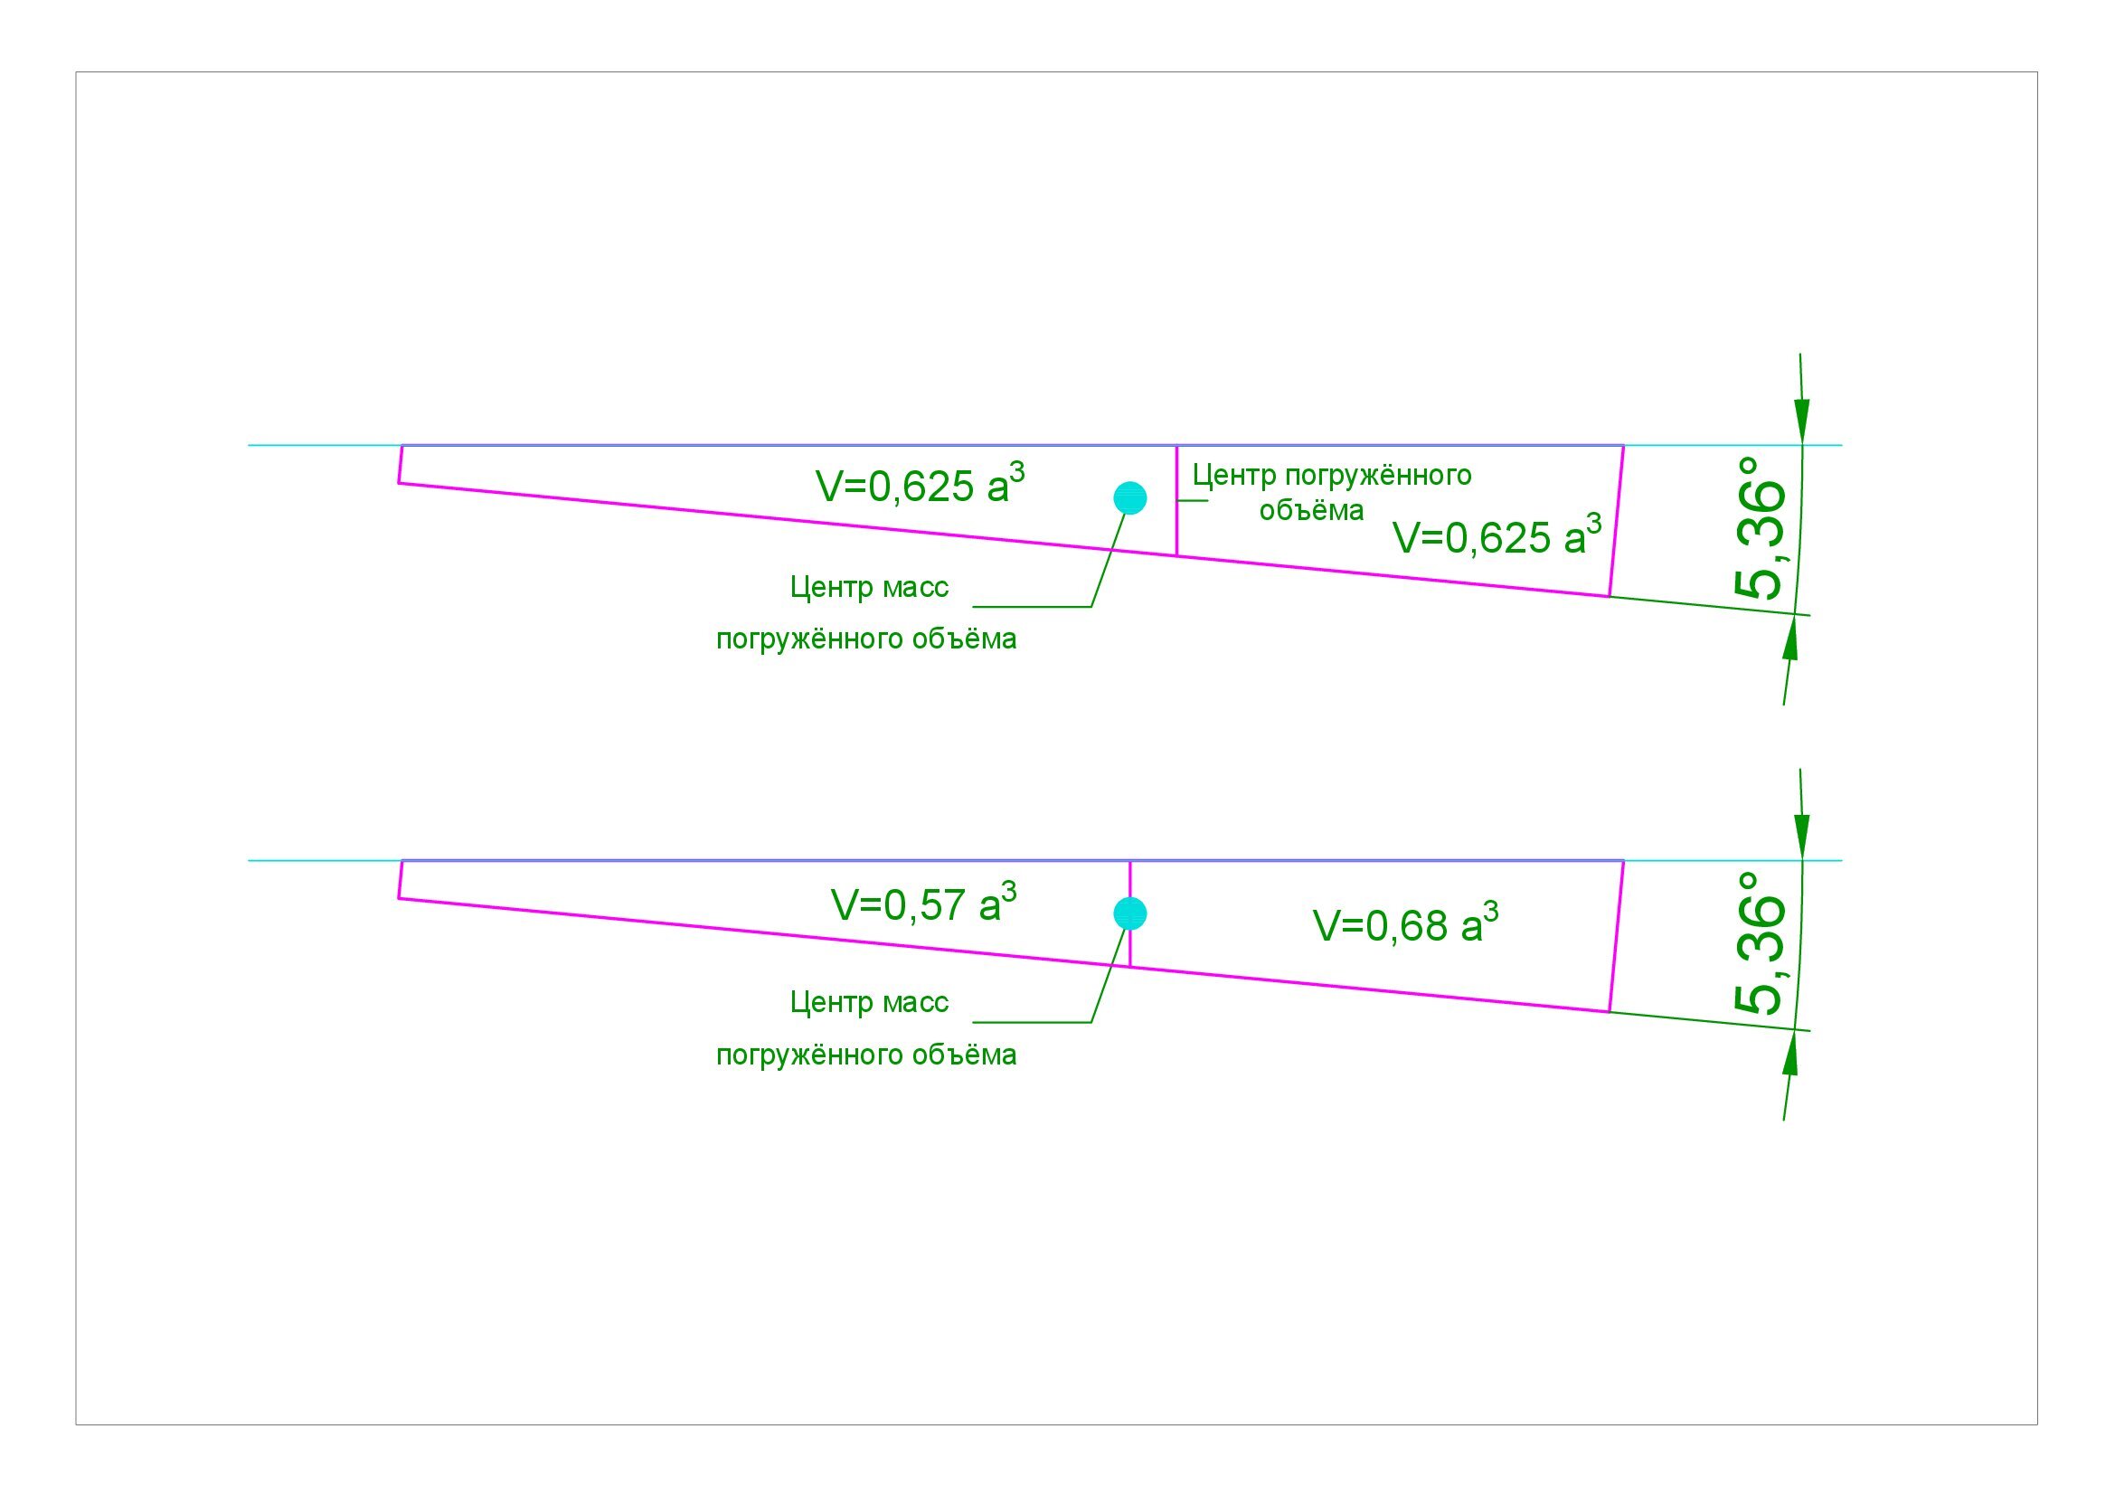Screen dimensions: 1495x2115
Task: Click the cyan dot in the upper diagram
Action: pyautogui.click(x=1129, y=498)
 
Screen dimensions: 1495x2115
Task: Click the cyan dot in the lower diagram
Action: pyautogui.click(x=1129, y=913)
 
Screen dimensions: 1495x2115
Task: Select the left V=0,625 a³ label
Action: pyautogui.click(x=920, y=485)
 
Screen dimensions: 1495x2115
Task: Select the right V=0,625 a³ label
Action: pyautogui.click(x=1496, y=536)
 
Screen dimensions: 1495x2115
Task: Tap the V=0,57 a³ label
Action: pyautogui.click(x=923, y=904)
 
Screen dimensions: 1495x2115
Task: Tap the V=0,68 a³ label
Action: pyautogui.click(x=1405, y=925)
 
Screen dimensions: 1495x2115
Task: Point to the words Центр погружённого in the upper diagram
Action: pyautogui.click(x=1331, y=476)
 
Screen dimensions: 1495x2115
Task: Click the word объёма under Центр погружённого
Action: pyautogui.click(x=1311, y=510)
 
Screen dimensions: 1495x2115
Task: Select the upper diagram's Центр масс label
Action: pyautogui.click(x=869, y=587)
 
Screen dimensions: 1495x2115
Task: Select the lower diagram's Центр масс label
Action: pyautogui.click(x=869, y=1002)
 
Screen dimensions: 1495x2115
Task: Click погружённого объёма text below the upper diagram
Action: pyautogui.click(x=866, y=639)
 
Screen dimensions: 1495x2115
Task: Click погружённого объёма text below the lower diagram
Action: pyautogui.click(x=866, y=1054)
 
